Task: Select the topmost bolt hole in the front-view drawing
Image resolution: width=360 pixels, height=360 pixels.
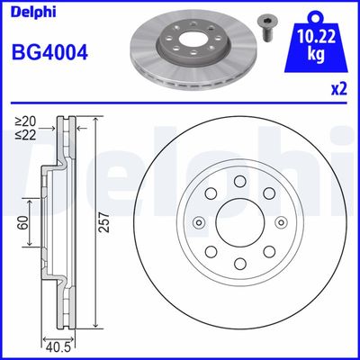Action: (239, 183)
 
